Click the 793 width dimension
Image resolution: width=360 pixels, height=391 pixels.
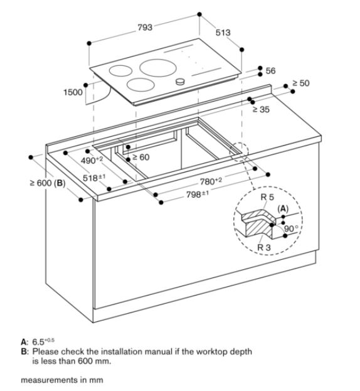click(x=145, y=27)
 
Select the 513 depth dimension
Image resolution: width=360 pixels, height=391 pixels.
click(x=223, y=32)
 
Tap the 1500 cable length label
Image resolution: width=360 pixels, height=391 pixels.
click(x=73, y=92)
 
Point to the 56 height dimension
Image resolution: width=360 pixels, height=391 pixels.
click(x=270, y=71)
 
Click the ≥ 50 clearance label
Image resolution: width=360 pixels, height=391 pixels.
click(x=300, y=83)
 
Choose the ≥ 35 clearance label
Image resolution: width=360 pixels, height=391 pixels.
click(x=261, y=109)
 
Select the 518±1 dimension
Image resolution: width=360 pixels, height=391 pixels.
click(x=95, y=178)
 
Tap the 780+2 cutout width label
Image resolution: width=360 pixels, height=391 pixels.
click(x=210, y=182)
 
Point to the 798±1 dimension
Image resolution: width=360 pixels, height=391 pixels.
click(x=197, y=195)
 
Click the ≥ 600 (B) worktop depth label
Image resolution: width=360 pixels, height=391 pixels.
click(x=46, y=183)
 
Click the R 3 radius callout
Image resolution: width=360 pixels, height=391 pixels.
click(x=265, y=247)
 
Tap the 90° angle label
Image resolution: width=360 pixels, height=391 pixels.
click(x=290, y=228)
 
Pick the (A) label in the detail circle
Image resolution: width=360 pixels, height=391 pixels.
click(x=282, y=207)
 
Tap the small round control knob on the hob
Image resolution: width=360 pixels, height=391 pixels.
click(x=182, y=82)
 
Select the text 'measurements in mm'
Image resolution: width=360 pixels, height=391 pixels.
click(x=61, y=380)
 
